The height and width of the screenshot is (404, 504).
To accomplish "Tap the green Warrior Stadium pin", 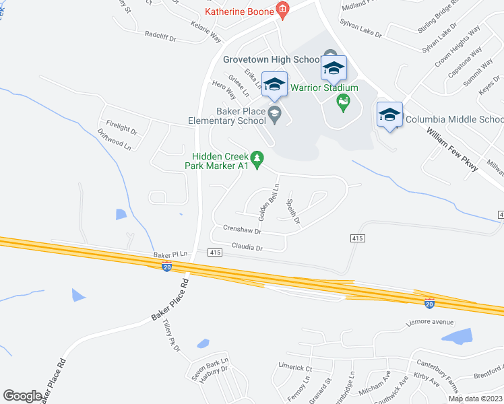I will pyautogui.click(x=343, y=102).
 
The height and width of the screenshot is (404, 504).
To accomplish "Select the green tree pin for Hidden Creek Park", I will pyautogui.click(x=256, y=159).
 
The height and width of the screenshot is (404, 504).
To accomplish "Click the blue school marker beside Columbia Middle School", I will pyautogui.click(x=390, y=115).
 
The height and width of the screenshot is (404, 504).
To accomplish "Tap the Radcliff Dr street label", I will pyautogui.click(x=160, y=34).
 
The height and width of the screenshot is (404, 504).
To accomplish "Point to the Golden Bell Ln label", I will pyautogui.click(x=269, y=201).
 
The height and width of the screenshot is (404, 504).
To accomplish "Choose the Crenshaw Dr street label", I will pyautogui.click(x=242, y=230).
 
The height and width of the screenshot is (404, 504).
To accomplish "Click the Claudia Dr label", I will pyautogui.click(x=247, y=247).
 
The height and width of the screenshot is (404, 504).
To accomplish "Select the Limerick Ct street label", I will pyautogui.click(x=295, y=368).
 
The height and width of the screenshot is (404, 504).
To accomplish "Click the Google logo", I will pyautogui.click(x=23, y=395).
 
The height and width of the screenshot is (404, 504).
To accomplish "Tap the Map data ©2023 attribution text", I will pyautogui.click(x=475, y=399).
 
